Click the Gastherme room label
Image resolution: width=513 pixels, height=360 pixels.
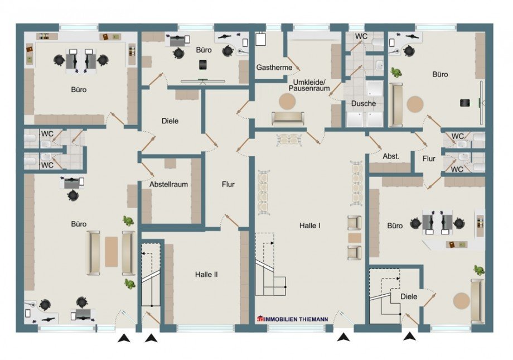(x=274, y=68)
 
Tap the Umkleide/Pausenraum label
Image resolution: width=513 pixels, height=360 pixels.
(x=309, y=85)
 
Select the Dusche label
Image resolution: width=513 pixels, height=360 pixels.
(x=363, y=103)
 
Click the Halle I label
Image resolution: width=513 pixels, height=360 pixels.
(x=309, y=225)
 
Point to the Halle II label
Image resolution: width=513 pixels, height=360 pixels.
(x=206, y=275)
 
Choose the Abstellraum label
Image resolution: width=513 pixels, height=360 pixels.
(x=168, y=184)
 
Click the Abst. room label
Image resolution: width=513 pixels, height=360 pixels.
(x=391, y=157)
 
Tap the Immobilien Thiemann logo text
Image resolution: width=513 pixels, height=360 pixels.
(x=293, y=319)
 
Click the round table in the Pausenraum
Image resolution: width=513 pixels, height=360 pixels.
(x=287, y=101)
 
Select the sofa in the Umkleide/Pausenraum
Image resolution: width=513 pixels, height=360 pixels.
(x=288, y=118)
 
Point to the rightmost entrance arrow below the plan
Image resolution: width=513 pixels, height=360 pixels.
(x=409, y=337)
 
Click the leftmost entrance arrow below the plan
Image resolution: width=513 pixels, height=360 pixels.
(x=124, y=338)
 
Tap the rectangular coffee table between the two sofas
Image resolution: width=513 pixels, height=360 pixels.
(x=111, y=252)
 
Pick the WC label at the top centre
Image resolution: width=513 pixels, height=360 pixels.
(x=361, y=36)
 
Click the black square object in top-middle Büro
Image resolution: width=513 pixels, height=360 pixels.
(x=202, y=65)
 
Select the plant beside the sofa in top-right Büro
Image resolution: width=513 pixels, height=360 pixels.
(x=396, y=73)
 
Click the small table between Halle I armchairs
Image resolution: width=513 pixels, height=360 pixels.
(x=355, y=238)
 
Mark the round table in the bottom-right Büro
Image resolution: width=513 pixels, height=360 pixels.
(x=462, y=301)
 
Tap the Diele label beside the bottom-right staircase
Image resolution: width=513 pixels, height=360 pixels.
(x=409, y=296)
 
